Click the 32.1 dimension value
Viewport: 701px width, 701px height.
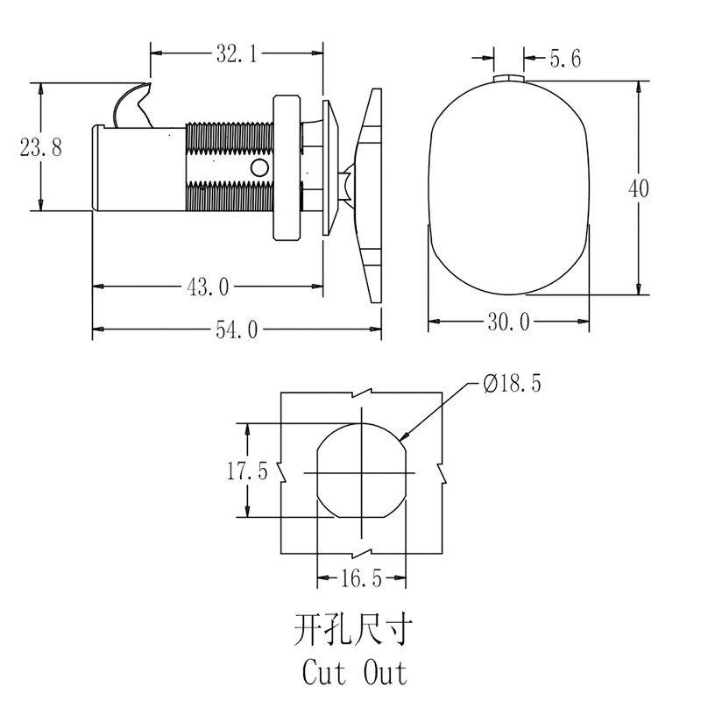coord(237,53)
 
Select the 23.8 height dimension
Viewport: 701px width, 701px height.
coord(40,147)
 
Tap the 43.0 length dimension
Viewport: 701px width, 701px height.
coord(208,287)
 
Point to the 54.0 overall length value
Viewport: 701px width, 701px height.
coord(237,330)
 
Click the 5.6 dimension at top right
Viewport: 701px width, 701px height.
coord(565,59)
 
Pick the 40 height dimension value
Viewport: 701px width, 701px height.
coord(639,188)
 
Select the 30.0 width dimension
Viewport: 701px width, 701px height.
coord(509,322)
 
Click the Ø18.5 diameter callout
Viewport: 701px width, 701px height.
coord(513,384)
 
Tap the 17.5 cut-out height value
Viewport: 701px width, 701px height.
coord(247,471)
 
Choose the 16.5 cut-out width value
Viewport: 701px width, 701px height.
coord(361,578)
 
